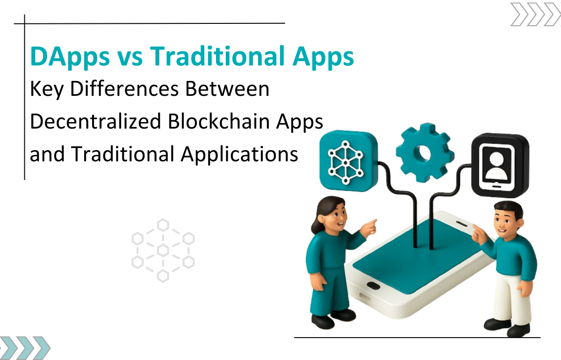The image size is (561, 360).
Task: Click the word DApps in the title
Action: (x=70, y=57)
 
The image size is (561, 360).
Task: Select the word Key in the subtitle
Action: (x=47, y=90)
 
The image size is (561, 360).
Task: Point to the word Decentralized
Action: (x=95, y=121)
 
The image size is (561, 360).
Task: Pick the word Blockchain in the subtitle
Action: (x=218, y=121)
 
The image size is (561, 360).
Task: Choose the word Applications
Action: (x=239, y=155)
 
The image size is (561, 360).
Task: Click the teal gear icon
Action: (x=425, y=152)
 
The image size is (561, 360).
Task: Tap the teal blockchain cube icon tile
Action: (x=349, y=160)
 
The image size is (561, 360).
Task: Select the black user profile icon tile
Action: (x=500, y=165)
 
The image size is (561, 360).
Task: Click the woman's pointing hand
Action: (x=369, y=229)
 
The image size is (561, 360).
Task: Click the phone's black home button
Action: (x=374, y=285)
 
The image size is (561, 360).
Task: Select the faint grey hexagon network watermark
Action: (x=163, y=251)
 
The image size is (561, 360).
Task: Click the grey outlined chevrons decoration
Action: (x=536, y=14)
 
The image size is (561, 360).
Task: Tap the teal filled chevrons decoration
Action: (x=25, y=348)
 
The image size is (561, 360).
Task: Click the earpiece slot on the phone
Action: (x=461, y=223)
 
